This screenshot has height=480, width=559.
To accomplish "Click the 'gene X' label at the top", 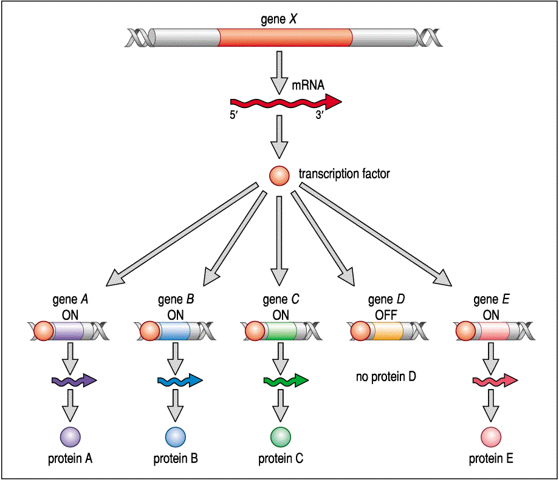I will coord(278,18).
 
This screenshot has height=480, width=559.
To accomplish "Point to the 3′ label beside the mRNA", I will coord(321,114).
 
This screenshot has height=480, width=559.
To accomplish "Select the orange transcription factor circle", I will coord(279,175).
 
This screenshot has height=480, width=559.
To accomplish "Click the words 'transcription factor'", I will coord(344,174).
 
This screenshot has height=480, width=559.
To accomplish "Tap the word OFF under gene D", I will coord(385,315).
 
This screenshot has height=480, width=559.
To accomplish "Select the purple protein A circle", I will coord(70,437).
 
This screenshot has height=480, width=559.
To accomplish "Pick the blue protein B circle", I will coord(176,437).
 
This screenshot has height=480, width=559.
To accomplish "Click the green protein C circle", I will coord(280,437).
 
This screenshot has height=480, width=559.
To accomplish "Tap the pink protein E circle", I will coord(491,437).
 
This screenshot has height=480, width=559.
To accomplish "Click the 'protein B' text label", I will coord(176,459).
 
